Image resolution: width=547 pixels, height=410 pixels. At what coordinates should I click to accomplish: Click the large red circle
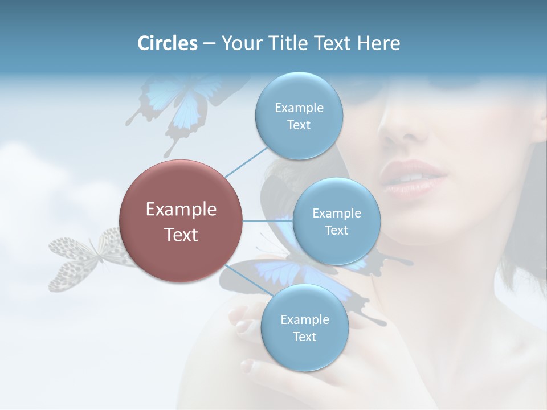[x=181, y=221]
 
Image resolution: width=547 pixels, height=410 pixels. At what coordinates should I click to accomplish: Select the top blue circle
[x=299, y=116]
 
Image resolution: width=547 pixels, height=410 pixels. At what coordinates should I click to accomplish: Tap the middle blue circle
[x=336, y=221]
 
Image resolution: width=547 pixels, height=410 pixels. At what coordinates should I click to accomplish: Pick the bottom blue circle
[x=304, y=327]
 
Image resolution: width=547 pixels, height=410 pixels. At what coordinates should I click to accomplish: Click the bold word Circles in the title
[x=168, y=43]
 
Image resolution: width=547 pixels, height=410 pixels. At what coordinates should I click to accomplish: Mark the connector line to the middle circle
[x=267, y=221]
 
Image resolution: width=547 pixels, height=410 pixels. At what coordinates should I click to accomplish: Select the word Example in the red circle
[x=181, y=210]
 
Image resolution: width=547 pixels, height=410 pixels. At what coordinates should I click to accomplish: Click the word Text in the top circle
[x=299, y=125]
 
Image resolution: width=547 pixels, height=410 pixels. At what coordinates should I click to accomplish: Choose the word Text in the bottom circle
[x=304, y=337]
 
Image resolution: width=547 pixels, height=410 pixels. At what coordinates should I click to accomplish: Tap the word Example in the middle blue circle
[x=336, y=213]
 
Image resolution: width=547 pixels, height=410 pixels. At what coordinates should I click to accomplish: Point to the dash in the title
[x=209, y=44]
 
